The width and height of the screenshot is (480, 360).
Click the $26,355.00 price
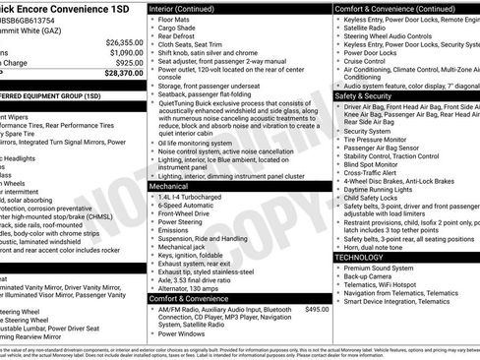124,43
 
